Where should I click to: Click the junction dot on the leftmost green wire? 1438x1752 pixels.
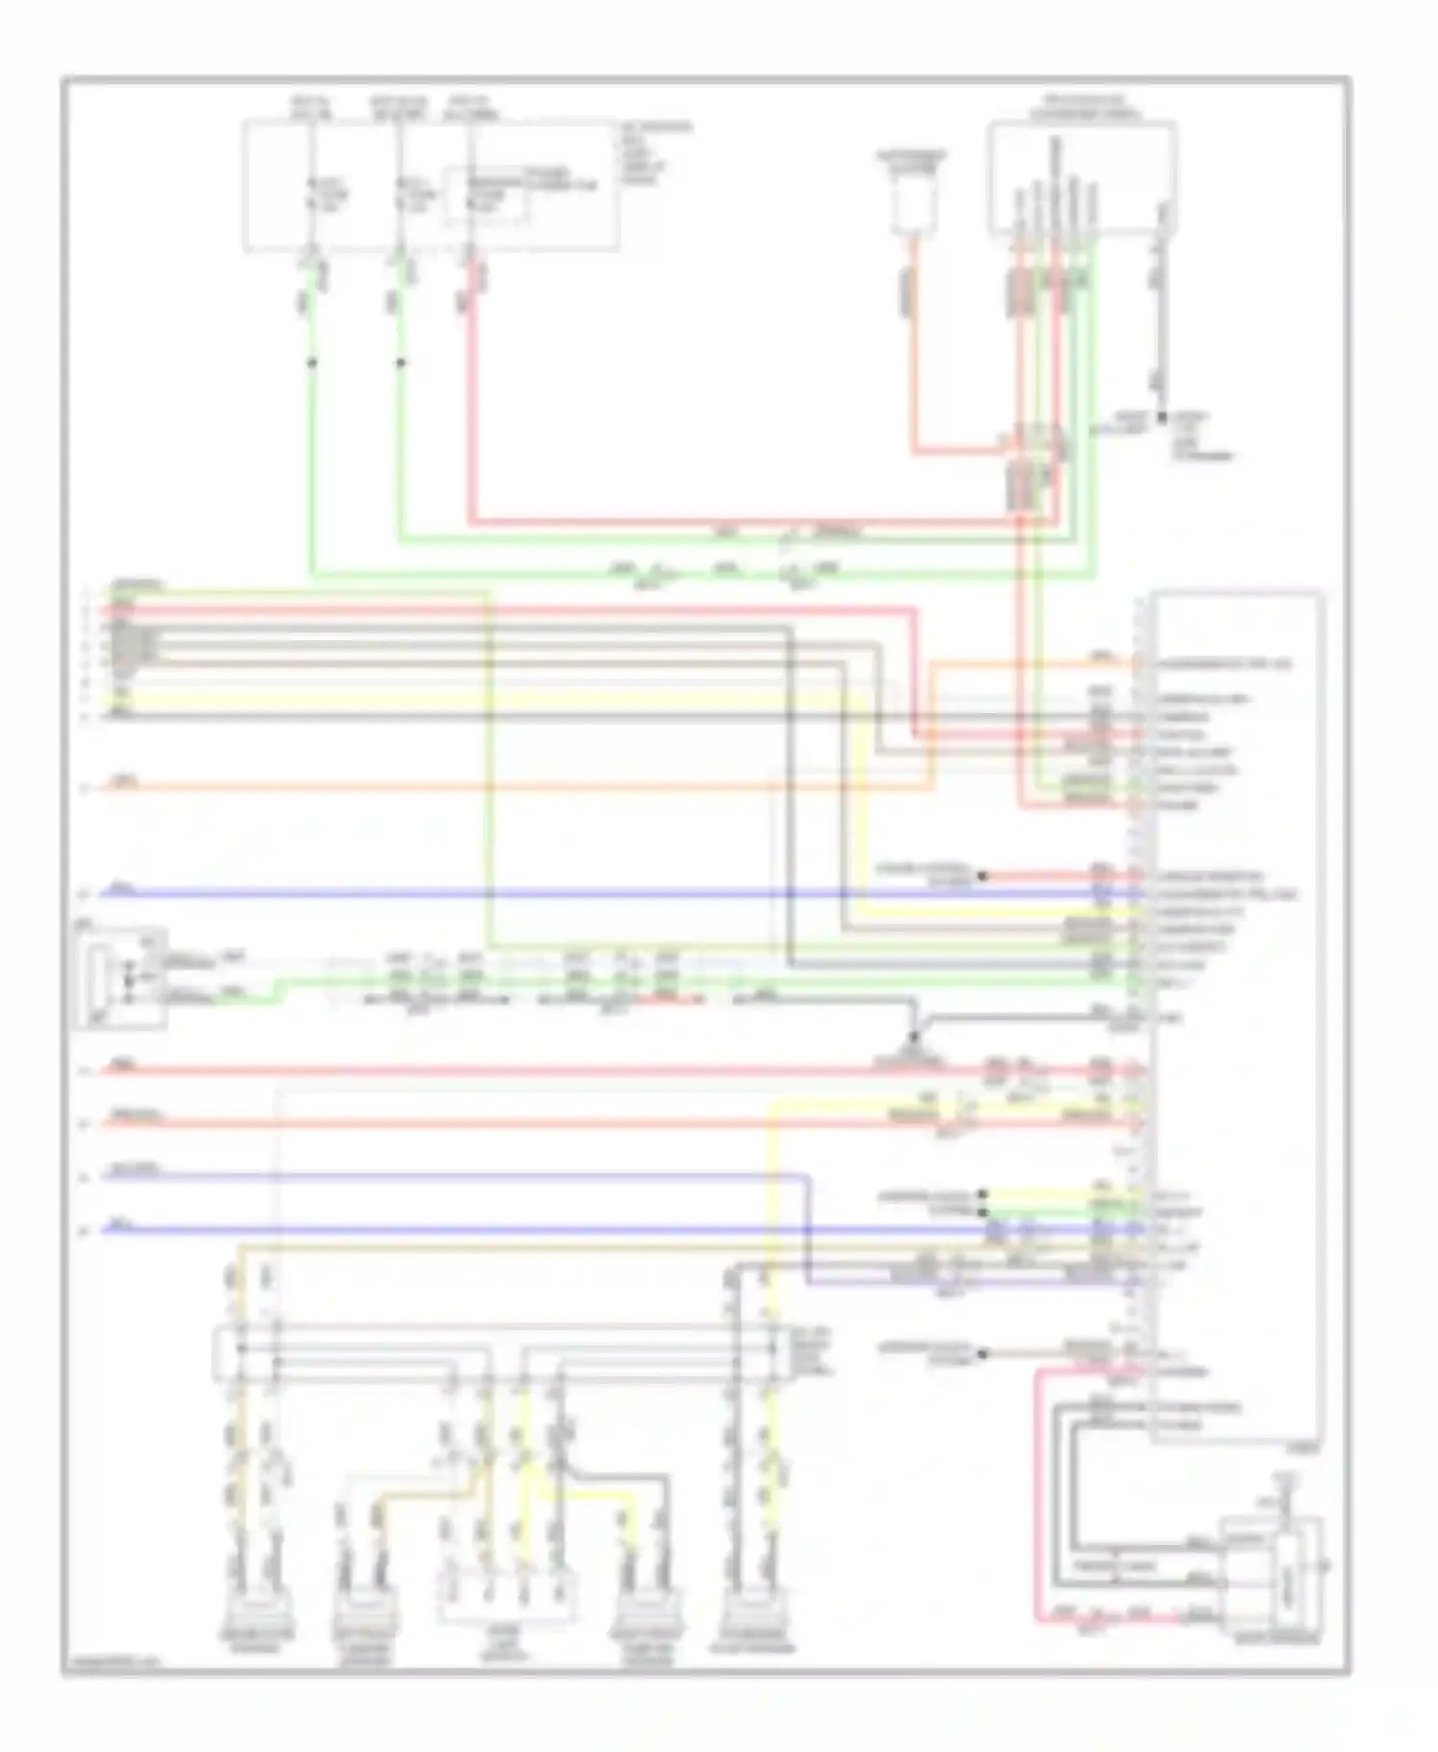(x=312, y=363)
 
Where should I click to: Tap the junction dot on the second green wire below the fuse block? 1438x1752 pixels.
(x=401, y=363)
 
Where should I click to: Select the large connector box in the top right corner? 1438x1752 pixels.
(x=1082, y=178)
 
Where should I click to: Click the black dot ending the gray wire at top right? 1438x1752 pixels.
(x=1161, y=418)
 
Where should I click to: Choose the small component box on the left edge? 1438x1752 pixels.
(x=119, y=976)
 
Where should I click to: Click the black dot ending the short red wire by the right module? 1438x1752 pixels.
(x=982, y=875)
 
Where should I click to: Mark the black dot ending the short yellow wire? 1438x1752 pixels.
(x=982, y=1194)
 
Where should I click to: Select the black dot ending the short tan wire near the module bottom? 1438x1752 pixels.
(x=982, y=1353)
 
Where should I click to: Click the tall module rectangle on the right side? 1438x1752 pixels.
(x=1237, y=1016)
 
